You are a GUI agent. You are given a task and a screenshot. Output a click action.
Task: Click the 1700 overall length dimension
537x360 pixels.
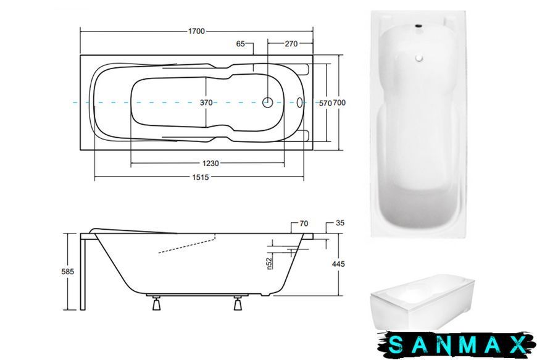pos(196,31)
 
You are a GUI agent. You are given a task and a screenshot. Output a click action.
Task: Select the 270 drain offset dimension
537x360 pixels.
pos(291,43)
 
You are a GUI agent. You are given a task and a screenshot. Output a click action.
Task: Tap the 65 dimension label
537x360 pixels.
pos(241,43)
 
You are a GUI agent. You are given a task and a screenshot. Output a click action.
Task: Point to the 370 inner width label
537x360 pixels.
pos(206,103)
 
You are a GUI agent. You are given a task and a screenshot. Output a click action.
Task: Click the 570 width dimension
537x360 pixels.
pos(325,103)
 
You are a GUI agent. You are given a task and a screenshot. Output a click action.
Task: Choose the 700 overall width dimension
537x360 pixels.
pos(339,103)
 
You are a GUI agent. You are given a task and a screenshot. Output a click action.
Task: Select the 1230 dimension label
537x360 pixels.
pos(210,164)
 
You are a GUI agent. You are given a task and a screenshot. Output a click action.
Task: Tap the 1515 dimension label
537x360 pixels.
pos(201,177)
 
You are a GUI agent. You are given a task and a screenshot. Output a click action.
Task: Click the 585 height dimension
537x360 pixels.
pos(67,271)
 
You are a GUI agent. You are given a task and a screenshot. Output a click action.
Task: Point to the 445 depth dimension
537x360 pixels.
pos(338,264)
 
